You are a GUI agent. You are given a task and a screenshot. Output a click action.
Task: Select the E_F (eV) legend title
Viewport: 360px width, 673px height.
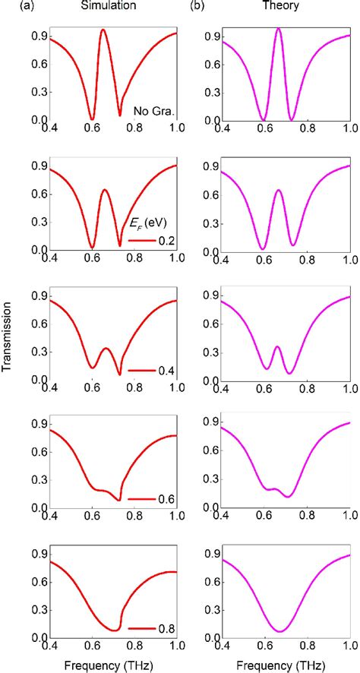[x=152, y=223]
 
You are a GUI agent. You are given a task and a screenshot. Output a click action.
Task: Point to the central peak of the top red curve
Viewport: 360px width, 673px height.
[x=103, y=30]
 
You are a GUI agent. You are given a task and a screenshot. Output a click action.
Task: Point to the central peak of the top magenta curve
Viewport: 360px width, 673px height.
[x=279, y=28]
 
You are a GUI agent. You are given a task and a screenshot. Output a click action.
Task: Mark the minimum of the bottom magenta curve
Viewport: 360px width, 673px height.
[x=279, y=631]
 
